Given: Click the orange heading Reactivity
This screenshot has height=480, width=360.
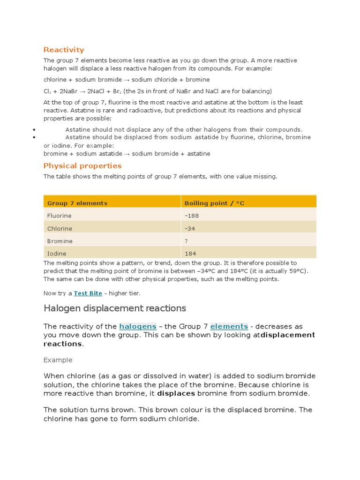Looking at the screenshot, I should tap(64, 50).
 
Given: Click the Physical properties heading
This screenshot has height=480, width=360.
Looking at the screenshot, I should tap(82, 165).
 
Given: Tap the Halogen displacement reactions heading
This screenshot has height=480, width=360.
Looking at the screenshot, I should tap(115, 308).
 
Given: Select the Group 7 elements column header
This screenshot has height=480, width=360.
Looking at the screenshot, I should tap(77, 203).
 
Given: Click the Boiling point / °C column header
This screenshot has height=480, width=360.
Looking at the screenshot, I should tap(214, 203).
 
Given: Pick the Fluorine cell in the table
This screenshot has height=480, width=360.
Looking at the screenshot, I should tap(60, 216).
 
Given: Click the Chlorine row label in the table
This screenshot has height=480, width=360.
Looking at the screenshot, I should tap(60, 228).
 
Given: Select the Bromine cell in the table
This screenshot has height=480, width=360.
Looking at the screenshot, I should tap(60, 241).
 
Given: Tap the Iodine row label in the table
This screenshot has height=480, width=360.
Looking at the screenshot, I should tap(57, 254).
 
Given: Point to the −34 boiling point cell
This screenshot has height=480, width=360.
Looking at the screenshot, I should tap(190, 228).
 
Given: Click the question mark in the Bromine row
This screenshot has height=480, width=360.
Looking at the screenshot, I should tap(186, 241).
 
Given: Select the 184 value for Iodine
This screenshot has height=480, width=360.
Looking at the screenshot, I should tap(190, 254).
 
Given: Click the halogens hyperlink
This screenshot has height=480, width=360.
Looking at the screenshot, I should tap(137, 326).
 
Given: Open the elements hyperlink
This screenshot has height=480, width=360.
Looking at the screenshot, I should tap(229, 326).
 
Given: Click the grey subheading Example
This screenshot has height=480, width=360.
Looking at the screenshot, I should tap(58, 360).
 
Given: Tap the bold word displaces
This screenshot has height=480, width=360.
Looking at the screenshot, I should tap(176, 393).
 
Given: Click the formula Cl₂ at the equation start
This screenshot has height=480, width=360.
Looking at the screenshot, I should tap(48, 91).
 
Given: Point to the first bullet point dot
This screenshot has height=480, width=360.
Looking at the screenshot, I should tap(35, 129).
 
